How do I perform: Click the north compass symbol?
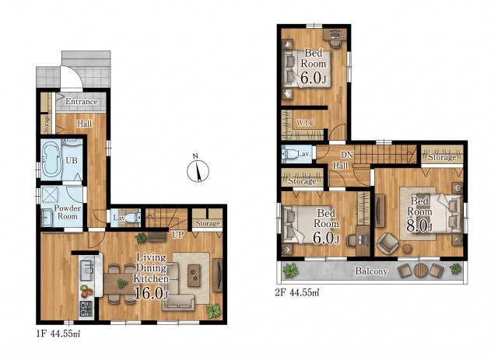198,170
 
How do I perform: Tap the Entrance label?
81,102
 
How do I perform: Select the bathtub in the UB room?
51,159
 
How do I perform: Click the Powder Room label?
68,212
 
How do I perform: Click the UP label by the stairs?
178,235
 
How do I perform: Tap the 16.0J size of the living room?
151,292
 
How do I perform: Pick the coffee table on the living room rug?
194,275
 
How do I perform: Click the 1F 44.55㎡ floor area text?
58,334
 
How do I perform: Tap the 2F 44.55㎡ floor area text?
297,292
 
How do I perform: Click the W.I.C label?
306,123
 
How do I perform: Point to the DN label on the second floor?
347,155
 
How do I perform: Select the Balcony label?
371,271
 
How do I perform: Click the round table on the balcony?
421,271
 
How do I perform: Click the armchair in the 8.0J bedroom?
388,244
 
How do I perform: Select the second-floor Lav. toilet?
289,154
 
